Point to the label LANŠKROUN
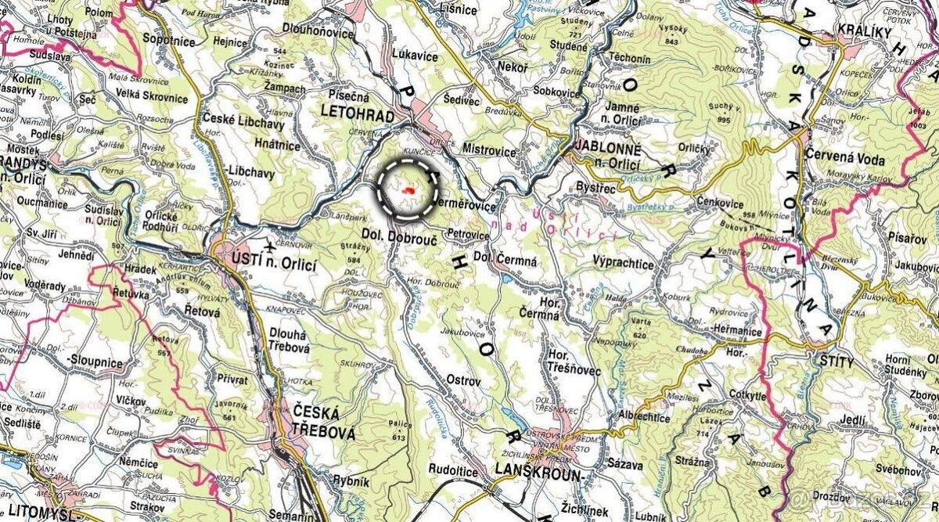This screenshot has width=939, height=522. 539,473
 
